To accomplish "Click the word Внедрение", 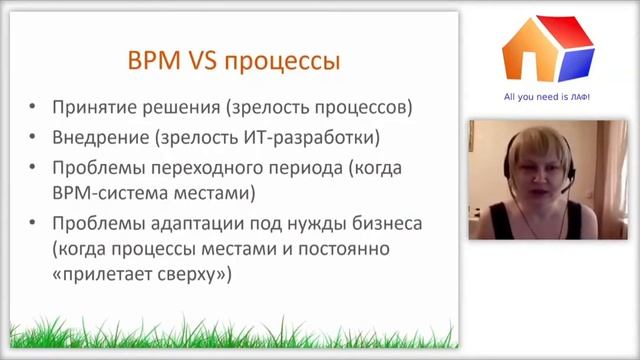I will pyautogui.click(x=93, y=137).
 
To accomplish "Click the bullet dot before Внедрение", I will pyautogui.click(x=36, y=137).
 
